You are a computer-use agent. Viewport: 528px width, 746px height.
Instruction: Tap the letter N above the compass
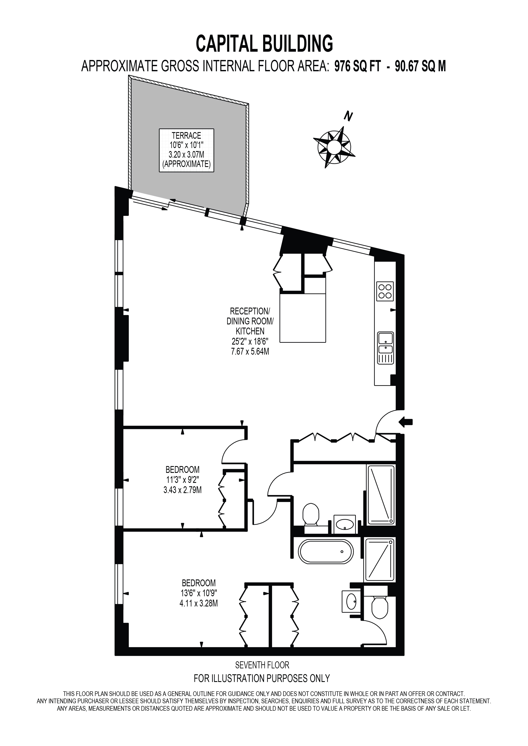[x=348, y=116]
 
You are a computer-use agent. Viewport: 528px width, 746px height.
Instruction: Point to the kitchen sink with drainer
[x=385, y=348]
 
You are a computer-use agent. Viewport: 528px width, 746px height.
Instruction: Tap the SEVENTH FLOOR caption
[x=262, y=665]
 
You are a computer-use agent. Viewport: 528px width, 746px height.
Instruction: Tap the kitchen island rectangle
[x=302, y=318]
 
